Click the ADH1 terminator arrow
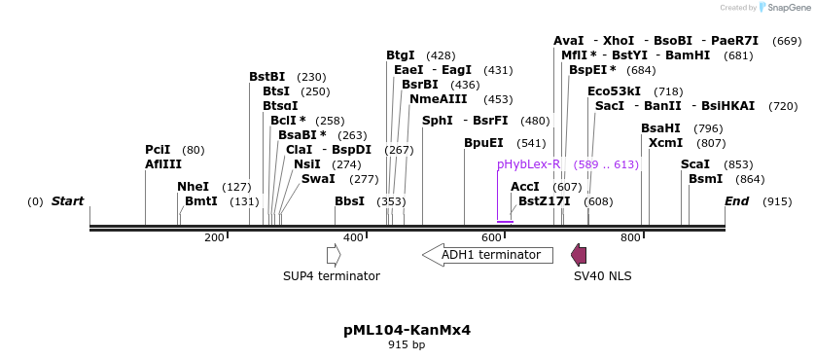click(487, 255)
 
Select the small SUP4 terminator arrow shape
click(334, 255)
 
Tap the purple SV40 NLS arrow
click(579, 255)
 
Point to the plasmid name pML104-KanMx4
click(407, 330)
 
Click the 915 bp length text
click(407, 344)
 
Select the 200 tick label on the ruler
click(214, 237)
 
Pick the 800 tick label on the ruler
click(630, 237)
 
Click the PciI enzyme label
click(158, 150)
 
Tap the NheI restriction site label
click(193, 186)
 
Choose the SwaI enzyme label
click(318, 179)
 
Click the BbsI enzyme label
click(349, 201)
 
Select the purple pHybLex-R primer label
click(528, 164)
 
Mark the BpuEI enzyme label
click(483, 143)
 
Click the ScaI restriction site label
click(695, 164)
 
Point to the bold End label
click(737, 201)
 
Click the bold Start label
click(67, 201)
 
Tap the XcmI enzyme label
click(665, 143)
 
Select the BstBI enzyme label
click(266, 77)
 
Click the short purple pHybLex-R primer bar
click(505, 222)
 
